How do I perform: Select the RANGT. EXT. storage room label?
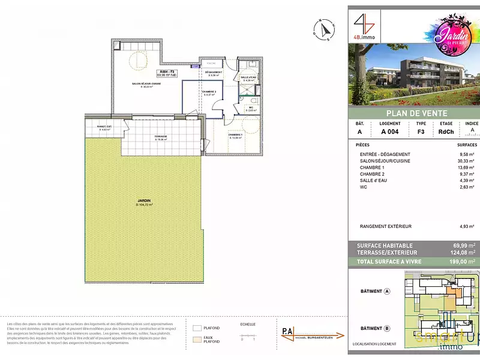pos(105,127)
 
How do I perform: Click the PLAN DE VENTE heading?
pos(413,113)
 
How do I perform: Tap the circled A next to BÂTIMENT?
pos(387,292)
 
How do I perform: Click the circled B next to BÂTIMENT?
pos(387,328)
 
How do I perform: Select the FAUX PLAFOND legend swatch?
pos(197,339)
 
